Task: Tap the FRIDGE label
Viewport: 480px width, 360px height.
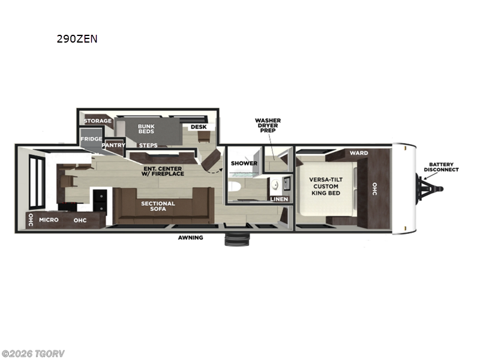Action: point(91,139)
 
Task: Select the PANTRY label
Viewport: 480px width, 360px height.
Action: point(113,145)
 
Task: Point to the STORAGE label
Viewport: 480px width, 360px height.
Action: point(97,121)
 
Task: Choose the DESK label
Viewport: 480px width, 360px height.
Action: point(197,127)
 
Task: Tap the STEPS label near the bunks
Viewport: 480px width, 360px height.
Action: point(148,145)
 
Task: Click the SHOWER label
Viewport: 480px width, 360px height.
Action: point(244,163)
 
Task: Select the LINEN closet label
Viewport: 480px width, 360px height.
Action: point(280,199)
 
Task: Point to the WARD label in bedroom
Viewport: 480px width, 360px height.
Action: point(359,154)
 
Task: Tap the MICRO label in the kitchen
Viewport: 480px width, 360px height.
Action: point(49,220)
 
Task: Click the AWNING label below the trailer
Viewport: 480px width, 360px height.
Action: point(190,238)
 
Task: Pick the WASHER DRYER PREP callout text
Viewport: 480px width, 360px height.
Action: point(267,126)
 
